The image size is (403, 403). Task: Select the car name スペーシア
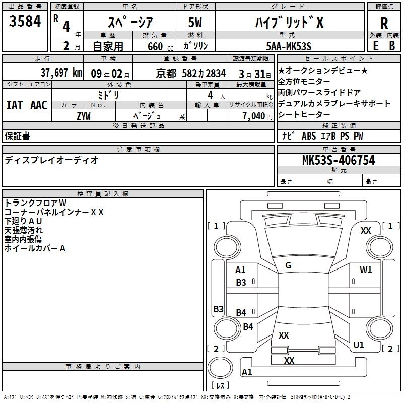click(x=130, y=22)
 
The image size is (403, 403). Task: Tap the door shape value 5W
click(x=195, y=23)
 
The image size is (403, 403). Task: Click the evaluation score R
click(x=384, y=23)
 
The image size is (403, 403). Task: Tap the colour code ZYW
click(x=84, y=116)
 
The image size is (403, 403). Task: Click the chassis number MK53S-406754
click(x=339, y=160)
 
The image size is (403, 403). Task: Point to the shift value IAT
click(x=14, y=105)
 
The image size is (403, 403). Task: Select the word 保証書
click(x=17, y=136)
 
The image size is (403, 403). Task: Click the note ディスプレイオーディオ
click(x=51, y=160)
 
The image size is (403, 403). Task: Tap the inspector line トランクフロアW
click(x=35, y=203)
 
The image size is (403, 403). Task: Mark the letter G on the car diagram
click(x=288, y=265)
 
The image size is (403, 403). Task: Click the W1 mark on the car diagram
click(x=366, y=270)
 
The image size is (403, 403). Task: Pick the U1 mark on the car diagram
click(x=359, y=345)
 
